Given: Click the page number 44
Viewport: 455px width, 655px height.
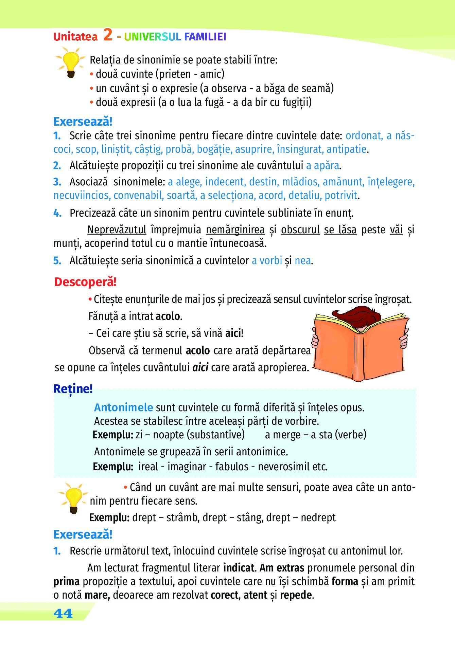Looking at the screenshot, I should point(63,614).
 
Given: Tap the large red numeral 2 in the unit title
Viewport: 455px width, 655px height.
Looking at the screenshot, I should point(108,35).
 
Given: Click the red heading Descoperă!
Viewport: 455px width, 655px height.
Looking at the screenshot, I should point(85,282).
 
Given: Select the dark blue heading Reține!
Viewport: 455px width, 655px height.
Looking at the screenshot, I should point(73,389).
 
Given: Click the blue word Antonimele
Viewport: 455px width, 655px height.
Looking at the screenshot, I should point(123,407).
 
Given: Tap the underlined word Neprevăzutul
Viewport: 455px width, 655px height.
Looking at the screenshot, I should point(117,230).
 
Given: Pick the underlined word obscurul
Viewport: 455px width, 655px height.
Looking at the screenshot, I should point(300,230).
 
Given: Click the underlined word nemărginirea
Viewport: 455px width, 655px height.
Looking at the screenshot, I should point(235,230).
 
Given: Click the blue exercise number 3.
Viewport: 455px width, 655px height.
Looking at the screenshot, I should point(57,182).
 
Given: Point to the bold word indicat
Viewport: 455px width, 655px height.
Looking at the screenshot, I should point(239,568).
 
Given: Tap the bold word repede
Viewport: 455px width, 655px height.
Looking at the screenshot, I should point(296,595).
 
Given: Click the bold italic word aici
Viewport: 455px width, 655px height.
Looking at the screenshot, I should point(200,367).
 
